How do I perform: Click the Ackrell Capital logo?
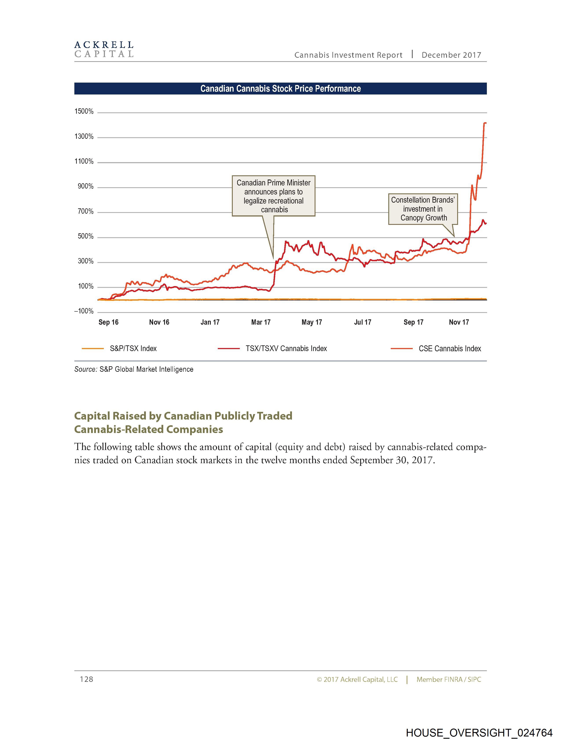click(104, 49)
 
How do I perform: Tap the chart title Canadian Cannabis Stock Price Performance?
click(280, 89)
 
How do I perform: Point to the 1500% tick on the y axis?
click(84, 111)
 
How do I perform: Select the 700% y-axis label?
click(86, 211)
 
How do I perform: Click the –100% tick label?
click(84, 311)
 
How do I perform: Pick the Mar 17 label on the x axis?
click(261, 322)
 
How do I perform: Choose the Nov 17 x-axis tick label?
click(459, 322)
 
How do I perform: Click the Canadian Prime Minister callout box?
click(273, 196)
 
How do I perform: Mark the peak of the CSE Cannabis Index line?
click(485, 123)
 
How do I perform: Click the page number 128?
click(86, 679)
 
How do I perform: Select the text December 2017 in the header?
click(451, 55)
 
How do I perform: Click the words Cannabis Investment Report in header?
click(348, 55)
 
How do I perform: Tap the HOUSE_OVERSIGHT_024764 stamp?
click(479, 733)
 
